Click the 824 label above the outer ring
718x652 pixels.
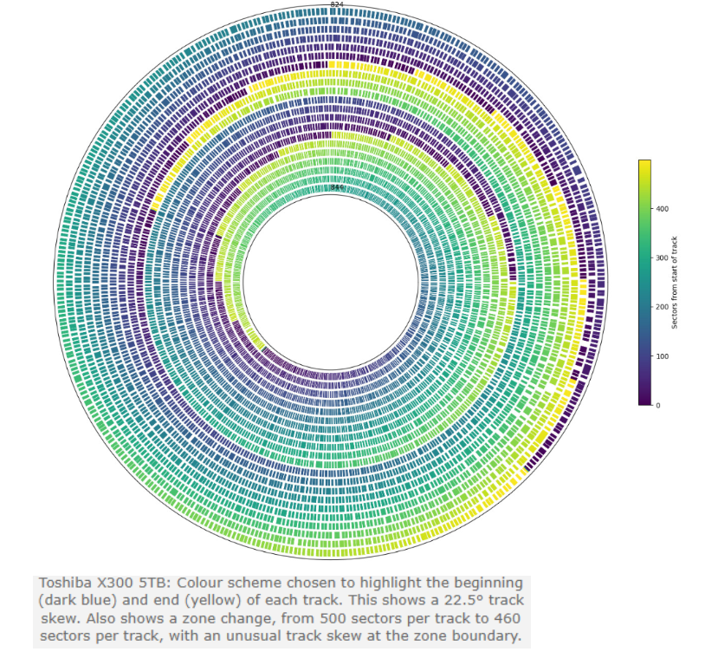(x=337, y=5)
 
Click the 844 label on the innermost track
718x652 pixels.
(x=337, y=187)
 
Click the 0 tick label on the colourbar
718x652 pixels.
(x=657, y=405)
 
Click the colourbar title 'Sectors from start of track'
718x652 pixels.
(x=675, y=283)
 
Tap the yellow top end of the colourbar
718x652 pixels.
(x=644, y=164)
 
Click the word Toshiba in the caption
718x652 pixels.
(x=70, y=582)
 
